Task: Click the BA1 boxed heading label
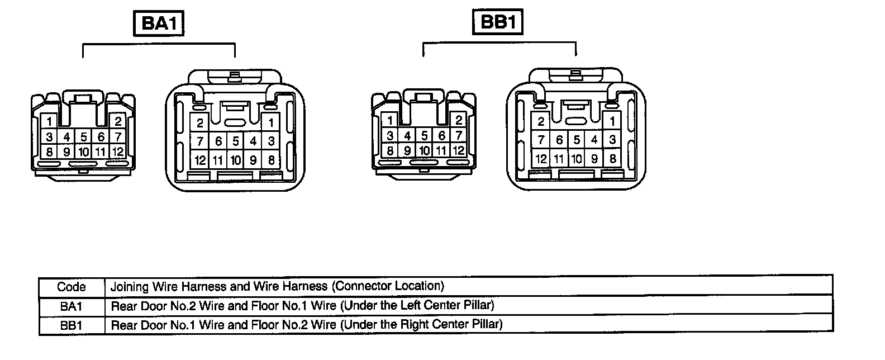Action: click(x=159, y=24)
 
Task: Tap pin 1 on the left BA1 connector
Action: click(x=49, y=121)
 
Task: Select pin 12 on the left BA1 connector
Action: click(x=117, y=151)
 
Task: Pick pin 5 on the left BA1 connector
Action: click(x=84, y=136)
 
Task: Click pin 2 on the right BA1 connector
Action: click(x=199, y=123)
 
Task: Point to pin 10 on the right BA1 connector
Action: click(x=235, y=160)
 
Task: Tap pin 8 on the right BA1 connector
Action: click(x=271, y=160)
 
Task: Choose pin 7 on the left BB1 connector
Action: click(x=459, y=135)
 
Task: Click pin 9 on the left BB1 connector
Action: click(x=407, y=150)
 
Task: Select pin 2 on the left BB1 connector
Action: click(x=458, y=120)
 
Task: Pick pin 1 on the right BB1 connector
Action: click(x=612, y=121)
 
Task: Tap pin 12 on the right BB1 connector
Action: click(x=541, y=159)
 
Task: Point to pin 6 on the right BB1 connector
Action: click(x=559, y=140)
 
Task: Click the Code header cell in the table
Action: click(x=72, y=287)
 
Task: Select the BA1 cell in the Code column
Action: click(x=72, y=306)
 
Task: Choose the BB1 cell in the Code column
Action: click(x=72, y=325)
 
